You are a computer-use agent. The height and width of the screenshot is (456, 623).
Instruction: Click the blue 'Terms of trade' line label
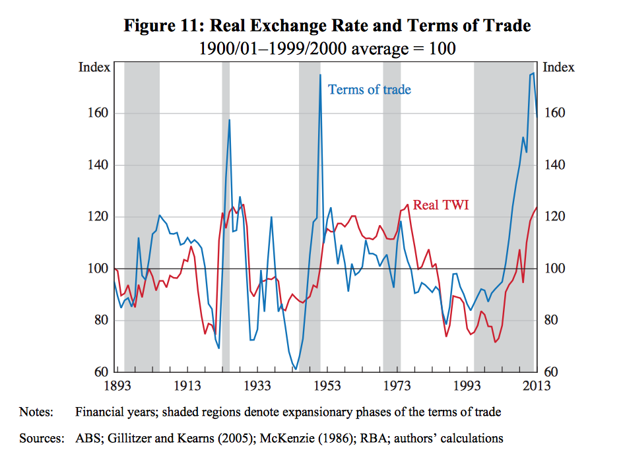coord(369,90)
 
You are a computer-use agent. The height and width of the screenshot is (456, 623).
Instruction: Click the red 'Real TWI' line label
coord(441,205)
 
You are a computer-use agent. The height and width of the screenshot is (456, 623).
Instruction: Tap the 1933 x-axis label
coord(257,386)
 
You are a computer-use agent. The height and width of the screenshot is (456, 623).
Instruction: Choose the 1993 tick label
coord(467,386)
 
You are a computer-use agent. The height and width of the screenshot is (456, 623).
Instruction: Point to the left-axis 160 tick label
coord(98,114)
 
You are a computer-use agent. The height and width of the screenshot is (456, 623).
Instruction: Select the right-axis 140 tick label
coord(554,165)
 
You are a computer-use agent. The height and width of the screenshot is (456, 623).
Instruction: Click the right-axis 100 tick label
coord(554,269)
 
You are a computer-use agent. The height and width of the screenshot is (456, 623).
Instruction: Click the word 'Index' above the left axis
coord(95,67)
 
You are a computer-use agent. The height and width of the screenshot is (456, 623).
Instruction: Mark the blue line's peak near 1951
coord(320,75)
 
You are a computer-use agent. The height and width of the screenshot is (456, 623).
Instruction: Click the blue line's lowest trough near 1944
coord(296,368)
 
